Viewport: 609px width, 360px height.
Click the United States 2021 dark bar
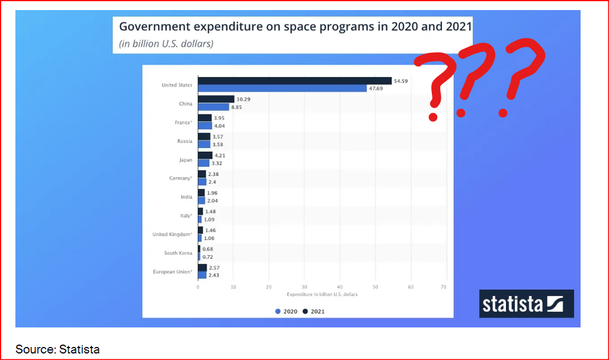tap(294, 81)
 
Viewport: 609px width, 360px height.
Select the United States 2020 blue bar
tap(282, 88)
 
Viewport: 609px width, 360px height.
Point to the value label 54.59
tap(402, 81)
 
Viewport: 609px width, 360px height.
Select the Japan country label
tap(185, 159)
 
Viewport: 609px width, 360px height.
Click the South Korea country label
tap(178, 253)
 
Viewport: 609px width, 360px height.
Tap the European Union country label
tap(172, 272)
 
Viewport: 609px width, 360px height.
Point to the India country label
tap(186, 197)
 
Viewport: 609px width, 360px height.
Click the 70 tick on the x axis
tap(443, 287)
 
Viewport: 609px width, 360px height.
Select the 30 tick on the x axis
tap(304, 287)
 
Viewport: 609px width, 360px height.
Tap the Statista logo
tap(526, 303)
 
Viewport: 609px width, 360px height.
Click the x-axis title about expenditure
tap(322, 294)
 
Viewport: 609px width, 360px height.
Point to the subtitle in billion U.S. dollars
tap(166, 43)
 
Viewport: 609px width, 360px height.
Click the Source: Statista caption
tap(57, 349)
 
